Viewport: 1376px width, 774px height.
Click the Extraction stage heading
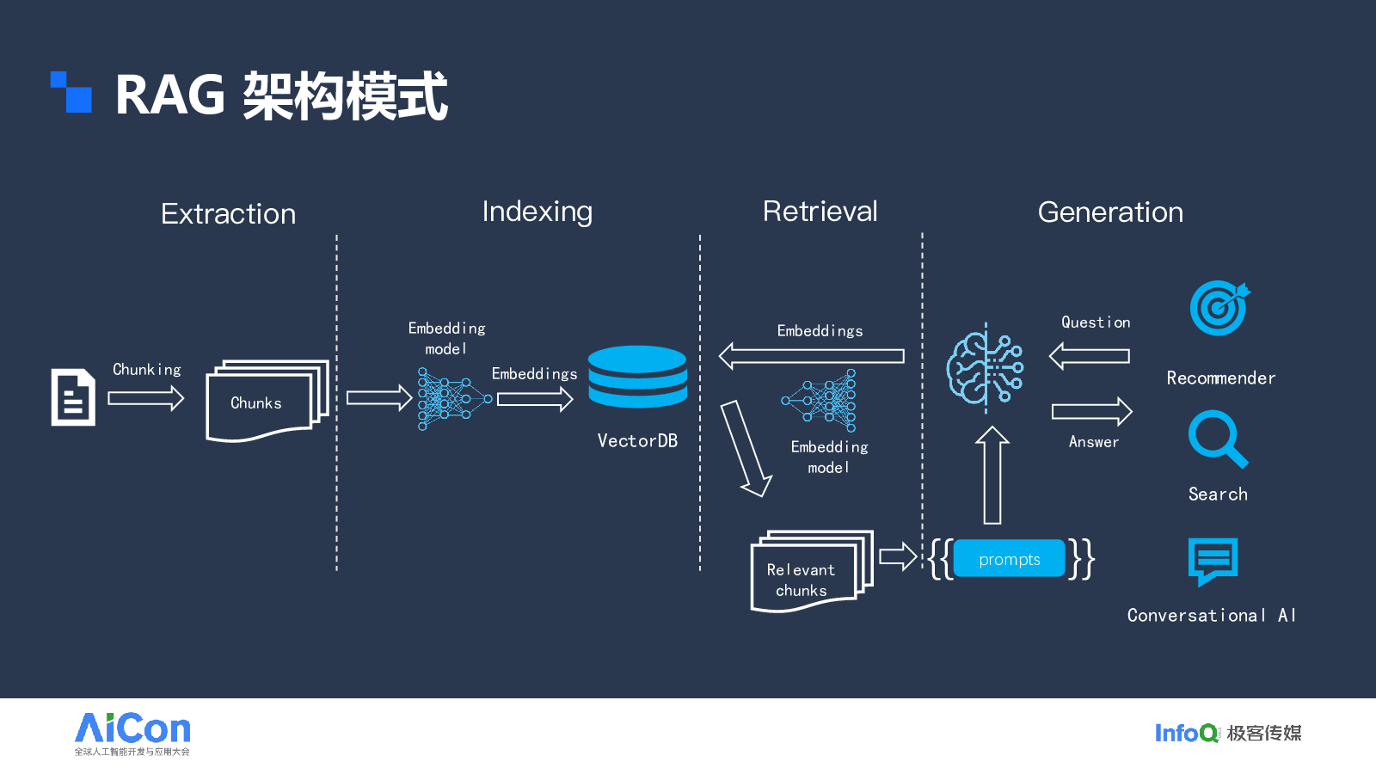228,213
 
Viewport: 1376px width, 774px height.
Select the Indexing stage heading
537,212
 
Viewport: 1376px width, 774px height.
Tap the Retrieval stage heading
820,212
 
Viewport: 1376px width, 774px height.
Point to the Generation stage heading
1110,212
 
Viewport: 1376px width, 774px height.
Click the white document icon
73,397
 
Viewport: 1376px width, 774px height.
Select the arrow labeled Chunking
146,398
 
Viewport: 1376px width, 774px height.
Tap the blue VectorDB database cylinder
637,377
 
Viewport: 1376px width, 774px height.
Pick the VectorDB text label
637,441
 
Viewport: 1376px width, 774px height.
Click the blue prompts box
1009,559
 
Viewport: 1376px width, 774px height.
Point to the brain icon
984,368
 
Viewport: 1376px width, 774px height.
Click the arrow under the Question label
1089,355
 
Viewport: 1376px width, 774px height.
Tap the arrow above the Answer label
1091,412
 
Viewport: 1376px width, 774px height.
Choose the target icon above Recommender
1219,307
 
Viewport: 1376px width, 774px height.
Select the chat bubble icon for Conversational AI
1213,561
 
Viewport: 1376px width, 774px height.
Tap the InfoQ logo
1186,733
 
